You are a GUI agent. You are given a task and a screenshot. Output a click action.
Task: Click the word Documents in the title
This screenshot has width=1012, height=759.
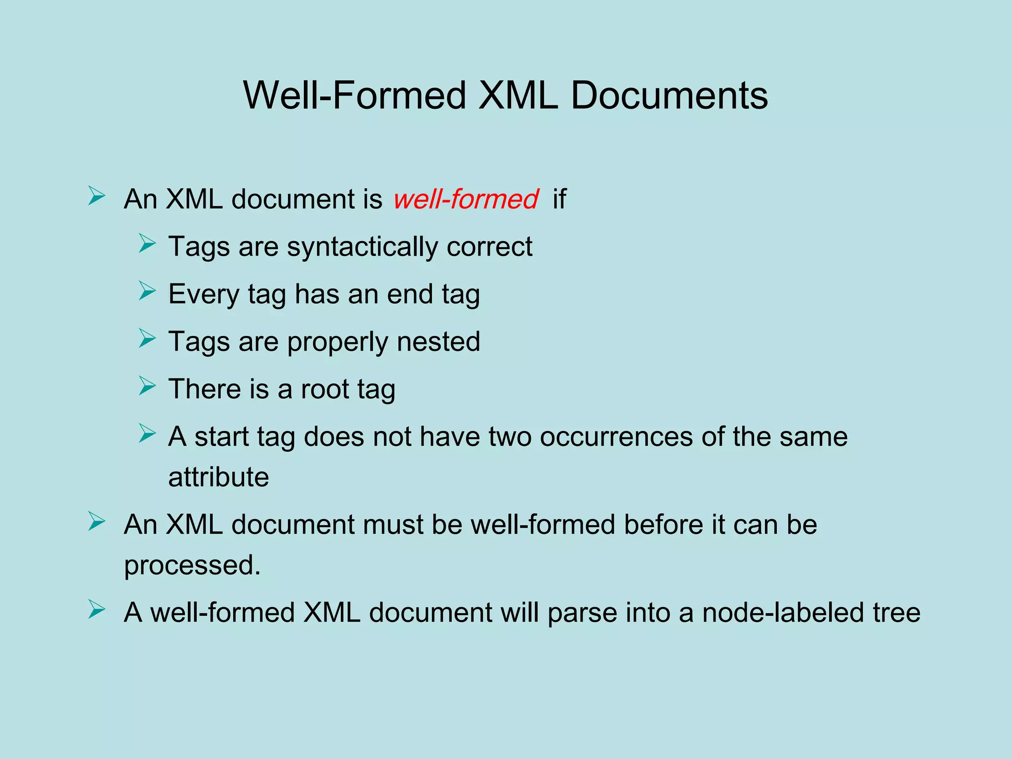click(669, 95)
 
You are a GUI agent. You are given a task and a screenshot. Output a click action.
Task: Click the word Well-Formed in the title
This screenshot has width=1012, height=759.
click(355, 95)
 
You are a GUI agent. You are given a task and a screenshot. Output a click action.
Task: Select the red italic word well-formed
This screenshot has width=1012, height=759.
click(465, 199)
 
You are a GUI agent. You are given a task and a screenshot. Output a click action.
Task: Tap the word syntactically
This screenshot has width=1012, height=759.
click(362, 247)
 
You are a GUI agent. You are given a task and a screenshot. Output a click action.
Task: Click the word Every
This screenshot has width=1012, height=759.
click(204, 295)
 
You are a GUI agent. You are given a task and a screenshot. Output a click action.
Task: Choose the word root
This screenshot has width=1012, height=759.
click(325, 389)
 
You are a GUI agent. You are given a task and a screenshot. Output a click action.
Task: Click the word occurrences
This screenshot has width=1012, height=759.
click(616, 437)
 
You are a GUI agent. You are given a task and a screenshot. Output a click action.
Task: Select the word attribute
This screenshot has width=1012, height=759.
click(218, 477)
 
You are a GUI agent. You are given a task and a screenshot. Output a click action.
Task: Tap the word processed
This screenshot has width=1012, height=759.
click(192, 565)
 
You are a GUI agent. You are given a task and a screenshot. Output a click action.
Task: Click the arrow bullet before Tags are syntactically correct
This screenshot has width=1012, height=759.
click(147, 244)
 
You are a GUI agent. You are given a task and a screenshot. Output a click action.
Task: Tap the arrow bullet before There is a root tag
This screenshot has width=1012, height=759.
click(147, 386)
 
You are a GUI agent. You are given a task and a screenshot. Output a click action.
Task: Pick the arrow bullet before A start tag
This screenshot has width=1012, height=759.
click(147, 433)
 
